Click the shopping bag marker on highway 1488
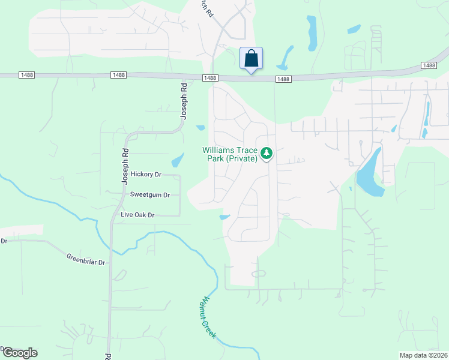pos(251,59)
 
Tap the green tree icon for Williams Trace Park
pos(267,154)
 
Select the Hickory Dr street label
pos(146,175)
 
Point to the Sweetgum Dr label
pos(150,195)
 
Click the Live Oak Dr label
pos(137,215)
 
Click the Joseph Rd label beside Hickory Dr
pos(125,166)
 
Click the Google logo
pos(19,353)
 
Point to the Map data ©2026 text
pos(424,355)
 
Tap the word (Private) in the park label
pos(241,158)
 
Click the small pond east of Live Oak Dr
pos(224,217)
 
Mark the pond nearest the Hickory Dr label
pos(177,160)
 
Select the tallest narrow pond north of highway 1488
pos(312,32)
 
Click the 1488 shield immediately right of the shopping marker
pos(283,79)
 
